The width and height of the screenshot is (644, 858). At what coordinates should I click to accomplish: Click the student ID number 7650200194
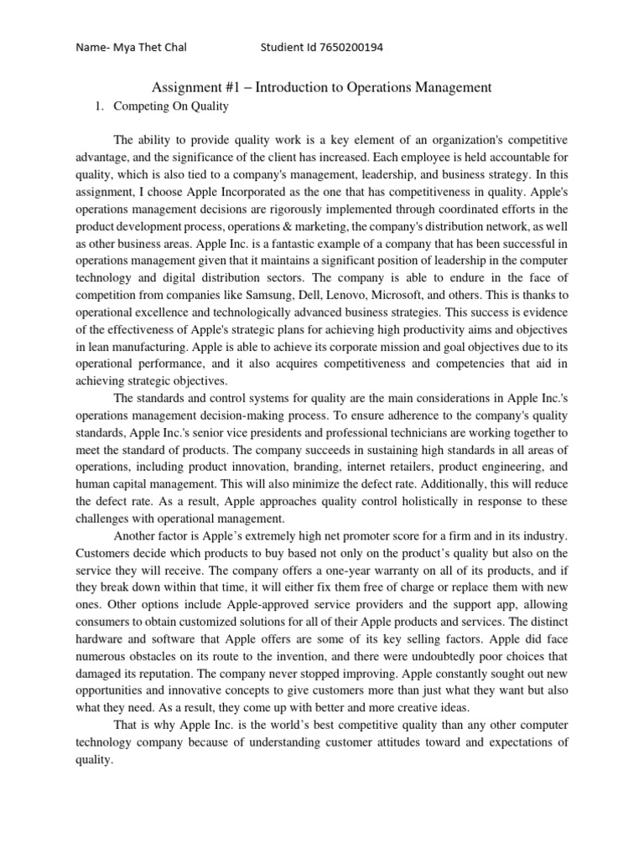tap(343, 48)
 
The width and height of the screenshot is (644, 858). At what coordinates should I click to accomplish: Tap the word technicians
tap(398, 432)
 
